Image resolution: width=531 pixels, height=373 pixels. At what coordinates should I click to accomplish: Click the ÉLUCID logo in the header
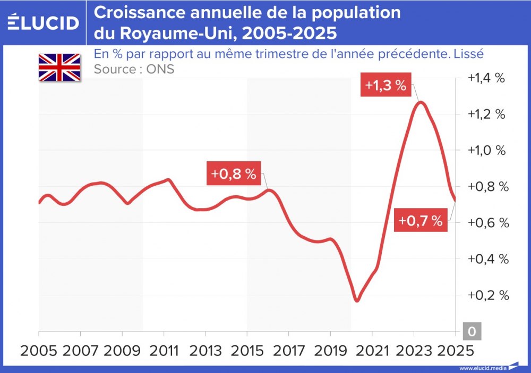coord(43,22)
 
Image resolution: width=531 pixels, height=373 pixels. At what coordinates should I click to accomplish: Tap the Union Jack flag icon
coord(59,68)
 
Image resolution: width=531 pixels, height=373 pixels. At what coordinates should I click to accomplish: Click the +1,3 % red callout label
coord(386,85)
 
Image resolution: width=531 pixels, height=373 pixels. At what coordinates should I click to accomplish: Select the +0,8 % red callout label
coord(234,175)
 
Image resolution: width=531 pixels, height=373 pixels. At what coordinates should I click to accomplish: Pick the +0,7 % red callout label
coord(421,221)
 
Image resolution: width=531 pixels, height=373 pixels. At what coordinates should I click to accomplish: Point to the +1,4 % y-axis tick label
coord(485,78)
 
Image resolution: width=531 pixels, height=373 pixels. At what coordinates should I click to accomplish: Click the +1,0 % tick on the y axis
coord(485,151)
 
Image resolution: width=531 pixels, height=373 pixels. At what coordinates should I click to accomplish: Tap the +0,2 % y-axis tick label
coord(485,295)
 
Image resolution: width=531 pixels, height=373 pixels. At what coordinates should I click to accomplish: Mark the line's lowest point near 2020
coord(357,301)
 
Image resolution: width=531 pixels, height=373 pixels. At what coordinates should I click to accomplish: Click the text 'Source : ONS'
coord(134,69)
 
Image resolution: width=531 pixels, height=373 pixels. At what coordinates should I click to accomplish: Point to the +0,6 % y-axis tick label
coord(485,222)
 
